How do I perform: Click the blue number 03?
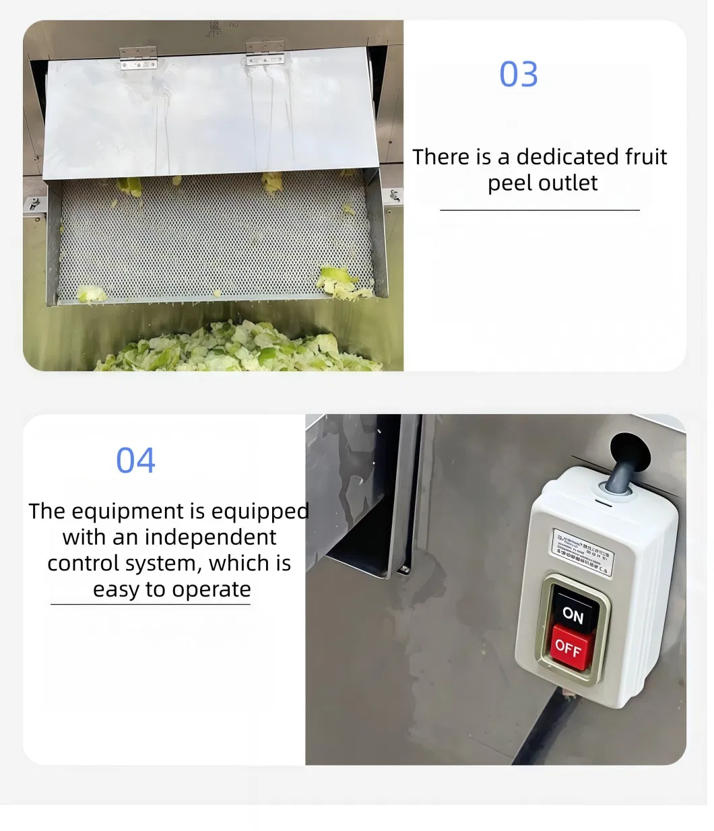[518, 75]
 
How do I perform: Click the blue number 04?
[135, 461]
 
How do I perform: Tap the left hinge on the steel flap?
[138, 58]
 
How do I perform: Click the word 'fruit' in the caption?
[637, 157]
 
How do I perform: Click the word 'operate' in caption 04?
[210, 589]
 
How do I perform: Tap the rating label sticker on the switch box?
[583, 552]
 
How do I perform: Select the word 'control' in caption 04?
[86, 563]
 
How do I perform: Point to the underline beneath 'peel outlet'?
[540, 210]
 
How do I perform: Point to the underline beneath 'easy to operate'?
[150, 604]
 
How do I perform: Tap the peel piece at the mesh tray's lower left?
[90, 294]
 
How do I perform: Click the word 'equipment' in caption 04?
[127, 511]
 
